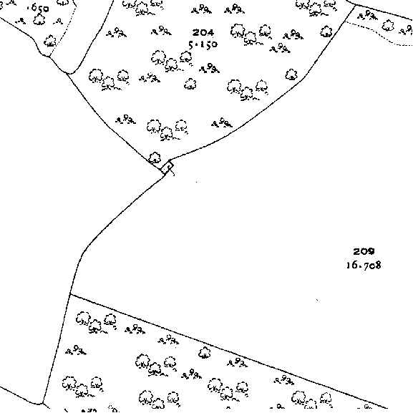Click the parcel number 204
click(x=203, y=33)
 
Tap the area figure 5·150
click(x=203, y=44)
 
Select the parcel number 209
click(x=364, y=251)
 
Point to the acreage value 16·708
click(x=364, y=265)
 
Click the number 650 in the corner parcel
click(x=39, y=9)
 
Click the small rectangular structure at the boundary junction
click(x=167, y=167)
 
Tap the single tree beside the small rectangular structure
click(x=155, y=157)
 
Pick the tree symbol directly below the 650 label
click(x=39, y=19)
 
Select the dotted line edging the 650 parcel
click(x=64, y=29)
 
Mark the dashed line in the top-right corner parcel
click(x=379, y=32)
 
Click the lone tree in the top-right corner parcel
click(x=388, y=26)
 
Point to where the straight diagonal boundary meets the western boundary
click(x=70, y=294)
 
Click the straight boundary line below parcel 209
click(x=228, y=351)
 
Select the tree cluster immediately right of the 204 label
click(x=251, y=34)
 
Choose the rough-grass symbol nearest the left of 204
click(x=161, y=31)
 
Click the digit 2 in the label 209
click(x=356, y=251)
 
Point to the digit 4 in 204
click(x=210, y=33)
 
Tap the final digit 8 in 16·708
click(x=378, y=265)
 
